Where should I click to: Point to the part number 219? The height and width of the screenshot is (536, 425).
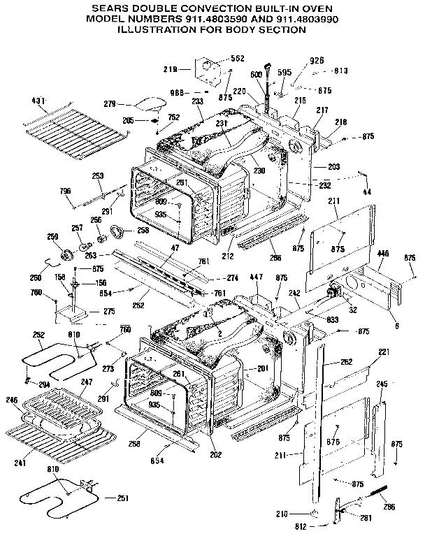click(x=171, y=70)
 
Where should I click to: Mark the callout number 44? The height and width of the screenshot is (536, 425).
click(x=368, y=192)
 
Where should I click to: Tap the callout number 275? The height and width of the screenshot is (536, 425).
click(x=110, y=312)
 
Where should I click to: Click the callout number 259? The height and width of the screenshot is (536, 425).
click(x=52, y=237)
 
